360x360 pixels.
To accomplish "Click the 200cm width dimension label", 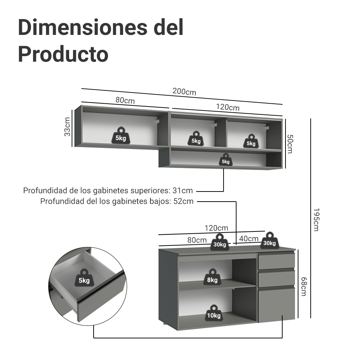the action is coord(184,91).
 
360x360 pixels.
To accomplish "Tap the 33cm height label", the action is coord(67,127).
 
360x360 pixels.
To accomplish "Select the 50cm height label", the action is coord(290,144).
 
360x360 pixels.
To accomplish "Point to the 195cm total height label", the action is coord(316,220).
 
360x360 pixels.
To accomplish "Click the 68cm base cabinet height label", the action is coord(303,287).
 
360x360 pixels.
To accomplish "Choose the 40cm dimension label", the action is coord(249,239).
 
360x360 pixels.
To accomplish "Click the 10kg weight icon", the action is coord(214,312).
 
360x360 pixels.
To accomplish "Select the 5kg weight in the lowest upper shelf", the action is coord(226,159).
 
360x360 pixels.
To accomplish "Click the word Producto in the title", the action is coord(63,54).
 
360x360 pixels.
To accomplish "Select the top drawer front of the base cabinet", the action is coord(276,261).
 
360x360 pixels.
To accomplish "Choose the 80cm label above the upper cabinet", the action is coord(125,100).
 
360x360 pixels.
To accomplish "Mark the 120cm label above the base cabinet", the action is coord(216,228).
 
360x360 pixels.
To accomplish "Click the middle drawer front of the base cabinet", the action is coord(276,279).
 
